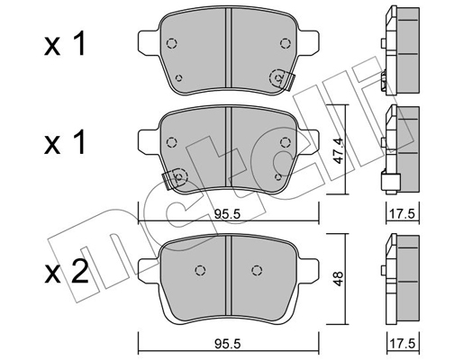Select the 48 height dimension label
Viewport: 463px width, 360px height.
point(338,279)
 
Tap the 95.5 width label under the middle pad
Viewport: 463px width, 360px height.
point(227,214)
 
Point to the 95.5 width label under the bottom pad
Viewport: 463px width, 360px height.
point(228,344)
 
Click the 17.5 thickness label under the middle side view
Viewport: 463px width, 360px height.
point(402,214)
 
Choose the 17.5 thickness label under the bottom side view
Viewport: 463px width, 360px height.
point(402,344)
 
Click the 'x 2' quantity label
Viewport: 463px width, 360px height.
point(67,272)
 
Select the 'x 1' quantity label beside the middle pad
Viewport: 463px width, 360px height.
point(64,142)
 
